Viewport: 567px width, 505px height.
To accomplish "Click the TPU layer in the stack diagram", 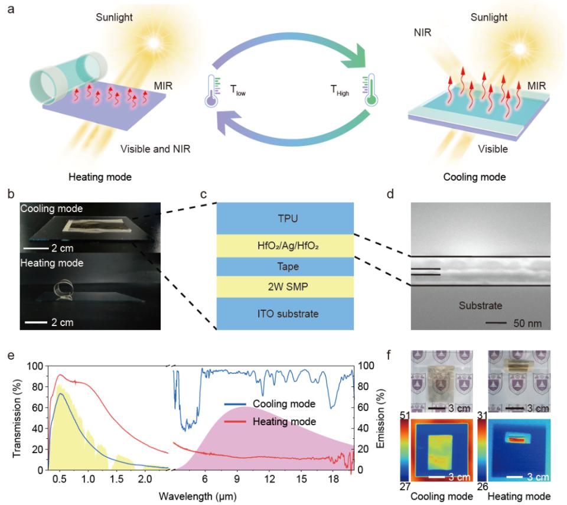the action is point(285,218).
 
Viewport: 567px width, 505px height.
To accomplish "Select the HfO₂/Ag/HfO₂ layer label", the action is point(288,246).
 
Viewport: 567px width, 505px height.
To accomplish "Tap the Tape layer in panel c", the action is point(285,266).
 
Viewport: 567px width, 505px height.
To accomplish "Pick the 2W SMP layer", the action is point(285,287).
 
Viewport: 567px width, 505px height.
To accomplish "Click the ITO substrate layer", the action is point(285,314).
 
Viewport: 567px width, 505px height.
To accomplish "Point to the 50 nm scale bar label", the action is point(527,323).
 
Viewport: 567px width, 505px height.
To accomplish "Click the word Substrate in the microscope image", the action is point(480,306).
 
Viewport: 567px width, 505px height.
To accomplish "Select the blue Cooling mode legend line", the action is point(235,404).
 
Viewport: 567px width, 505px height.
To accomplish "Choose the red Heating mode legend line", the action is point(235,422).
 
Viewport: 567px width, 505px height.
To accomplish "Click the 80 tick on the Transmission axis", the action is point(35,387).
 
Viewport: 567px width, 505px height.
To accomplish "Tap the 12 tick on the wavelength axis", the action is point(269,479).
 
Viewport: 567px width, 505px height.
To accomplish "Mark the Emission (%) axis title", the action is point(380,419).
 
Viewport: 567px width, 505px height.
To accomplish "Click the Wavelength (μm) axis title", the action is point(197,496).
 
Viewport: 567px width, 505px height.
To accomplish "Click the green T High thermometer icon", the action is point(370,90).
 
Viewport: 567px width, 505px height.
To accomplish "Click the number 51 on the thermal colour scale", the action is point(405,415).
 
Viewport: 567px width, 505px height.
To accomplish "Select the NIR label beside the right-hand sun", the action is point(422,32).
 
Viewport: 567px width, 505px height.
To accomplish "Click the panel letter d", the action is point(390,194).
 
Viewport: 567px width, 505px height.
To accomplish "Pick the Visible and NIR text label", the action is point(155,149).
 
